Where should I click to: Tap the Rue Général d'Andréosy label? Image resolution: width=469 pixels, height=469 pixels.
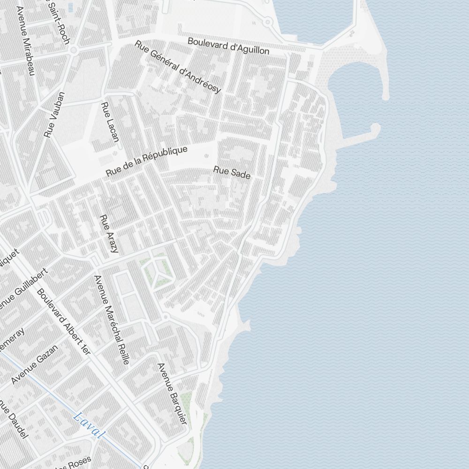pos(178,67)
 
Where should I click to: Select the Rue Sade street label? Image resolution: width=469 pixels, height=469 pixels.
pos(232,172)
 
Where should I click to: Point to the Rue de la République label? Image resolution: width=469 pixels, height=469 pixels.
pos(146,161)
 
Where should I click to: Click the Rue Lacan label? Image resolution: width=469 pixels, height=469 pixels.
pos(110,122)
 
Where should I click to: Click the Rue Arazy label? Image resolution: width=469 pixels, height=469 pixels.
pos(109,234)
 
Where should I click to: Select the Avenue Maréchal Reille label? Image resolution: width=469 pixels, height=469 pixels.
pos(112,320)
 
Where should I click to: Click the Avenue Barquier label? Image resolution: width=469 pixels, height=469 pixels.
pos(172,394)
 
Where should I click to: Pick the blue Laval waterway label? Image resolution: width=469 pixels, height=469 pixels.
pos(89,424)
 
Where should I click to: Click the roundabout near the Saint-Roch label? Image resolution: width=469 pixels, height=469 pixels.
pos(73,50)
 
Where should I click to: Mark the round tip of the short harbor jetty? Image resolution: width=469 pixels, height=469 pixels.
pos(375,127)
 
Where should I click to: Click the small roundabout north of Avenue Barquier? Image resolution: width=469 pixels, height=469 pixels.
pos(165,318)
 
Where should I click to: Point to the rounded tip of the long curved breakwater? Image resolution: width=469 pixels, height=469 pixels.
pos(386,97)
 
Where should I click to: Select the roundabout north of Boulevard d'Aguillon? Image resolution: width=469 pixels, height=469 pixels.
pos(267,22)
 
